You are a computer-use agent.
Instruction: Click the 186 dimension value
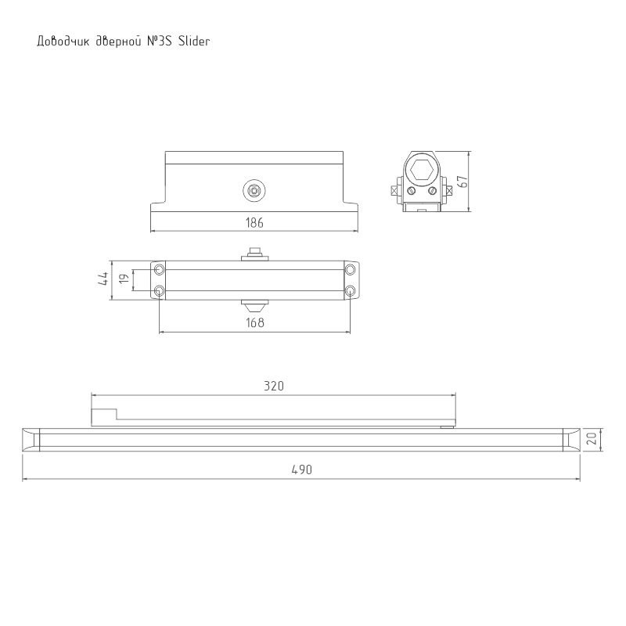254,222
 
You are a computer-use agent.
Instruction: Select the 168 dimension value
255,322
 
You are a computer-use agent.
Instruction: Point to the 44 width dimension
103,279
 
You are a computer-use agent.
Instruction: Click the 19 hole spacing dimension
124,279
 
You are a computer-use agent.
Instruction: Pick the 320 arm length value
274,386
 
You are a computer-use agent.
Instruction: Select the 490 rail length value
302,469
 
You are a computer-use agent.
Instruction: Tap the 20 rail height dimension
592,438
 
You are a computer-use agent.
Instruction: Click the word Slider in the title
194,41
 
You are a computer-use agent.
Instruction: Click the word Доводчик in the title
63,41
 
